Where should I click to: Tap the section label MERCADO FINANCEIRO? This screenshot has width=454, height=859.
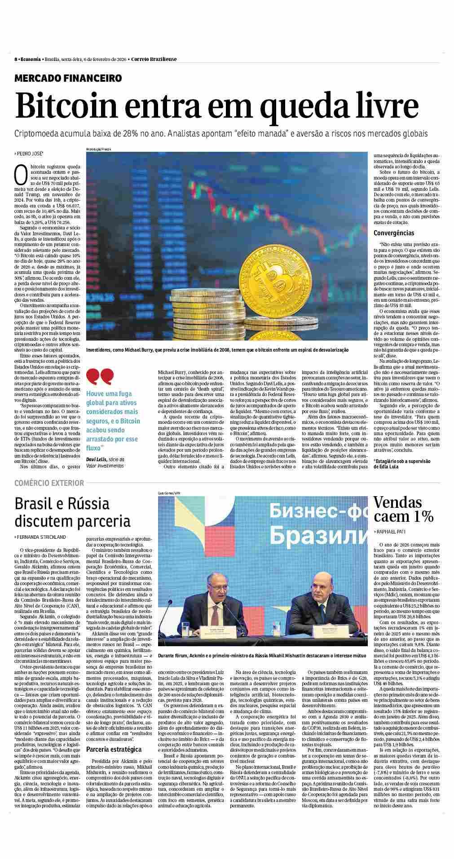coord(68,78)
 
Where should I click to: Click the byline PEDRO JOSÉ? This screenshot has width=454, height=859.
coord(30,154)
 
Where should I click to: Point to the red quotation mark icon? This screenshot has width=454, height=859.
coord(100,376)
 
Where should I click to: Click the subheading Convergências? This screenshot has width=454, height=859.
coord(394,233)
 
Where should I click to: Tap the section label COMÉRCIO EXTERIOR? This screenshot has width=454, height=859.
coord(49,483)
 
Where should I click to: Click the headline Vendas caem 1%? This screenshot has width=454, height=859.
coord(403,509)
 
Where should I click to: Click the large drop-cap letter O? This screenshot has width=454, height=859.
coord(21,175)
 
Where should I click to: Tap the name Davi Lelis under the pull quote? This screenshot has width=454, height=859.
coord(97,460)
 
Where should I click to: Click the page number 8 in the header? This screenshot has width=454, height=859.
coord(16,59)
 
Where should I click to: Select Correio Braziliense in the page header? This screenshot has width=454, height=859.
coord(154,59)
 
